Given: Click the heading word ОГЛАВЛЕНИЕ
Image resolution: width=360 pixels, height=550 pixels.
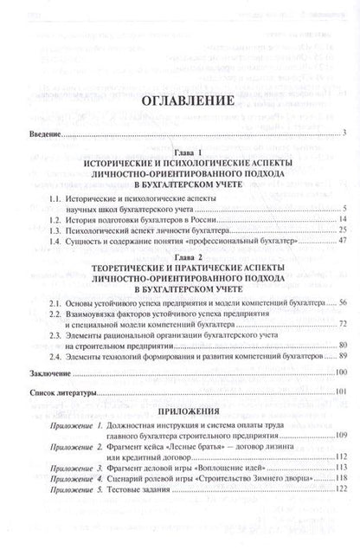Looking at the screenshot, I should coord(180,101).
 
